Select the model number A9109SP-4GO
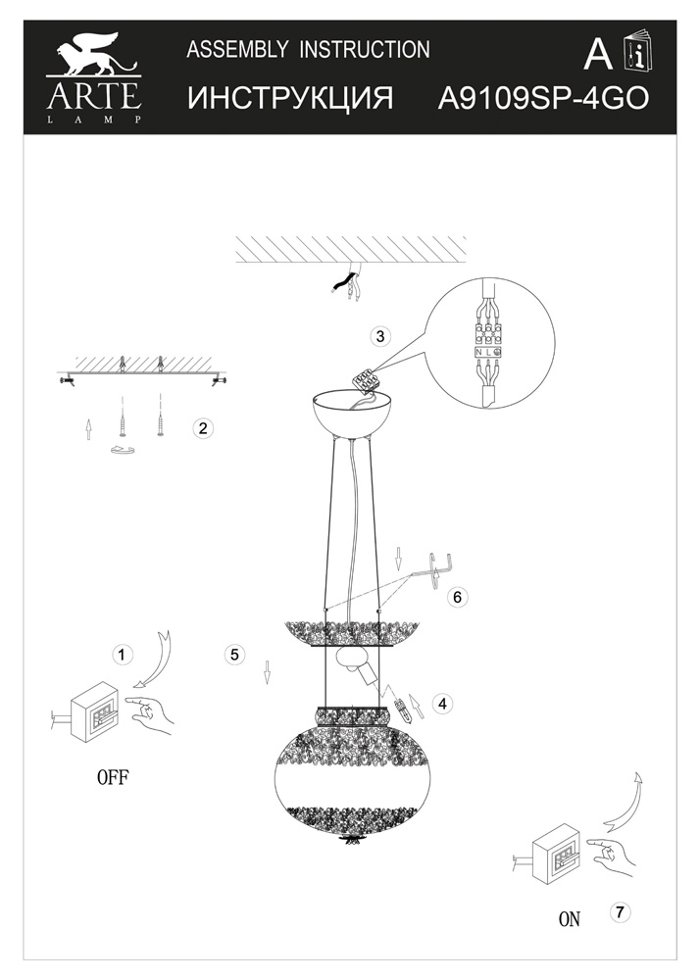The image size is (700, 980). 543,98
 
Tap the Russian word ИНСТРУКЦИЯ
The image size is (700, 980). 290,98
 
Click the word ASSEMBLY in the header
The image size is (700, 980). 237,49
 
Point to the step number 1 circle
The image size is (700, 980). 122,655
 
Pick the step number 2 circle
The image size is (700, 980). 203,429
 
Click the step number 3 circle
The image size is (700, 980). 379,336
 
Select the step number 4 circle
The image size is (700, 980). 442,703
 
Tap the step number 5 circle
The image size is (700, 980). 234,655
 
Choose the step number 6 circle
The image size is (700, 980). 457,597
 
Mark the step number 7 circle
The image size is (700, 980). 620,911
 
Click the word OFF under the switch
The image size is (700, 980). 113,777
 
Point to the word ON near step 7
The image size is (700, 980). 569,919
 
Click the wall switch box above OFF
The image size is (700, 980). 94,711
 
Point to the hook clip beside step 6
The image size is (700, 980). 440,569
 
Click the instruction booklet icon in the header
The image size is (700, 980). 637,49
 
